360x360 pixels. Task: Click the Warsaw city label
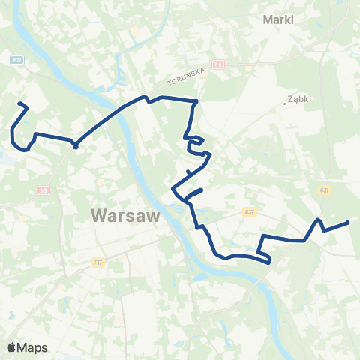tap(126, 215)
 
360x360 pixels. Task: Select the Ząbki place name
tap(300, 99)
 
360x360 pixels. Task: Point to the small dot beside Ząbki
tap(286, 103)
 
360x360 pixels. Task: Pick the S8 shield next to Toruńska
tap(218, 64)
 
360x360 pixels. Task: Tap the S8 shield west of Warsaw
tap(44, 191)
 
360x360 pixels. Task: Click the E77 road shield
tap(17, 58)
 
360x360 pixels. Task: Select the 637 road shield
tap(250, 212)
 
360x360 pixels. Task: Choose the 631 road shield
tap(324, 190)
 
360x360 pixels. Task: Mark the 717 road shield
tap(97, 262)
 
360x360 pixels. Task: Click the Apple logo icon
tap(11, 347)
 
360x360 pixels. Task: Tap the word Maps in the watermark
tap(32, 347)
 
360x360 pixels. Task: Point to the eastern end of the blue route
tap(349, 222)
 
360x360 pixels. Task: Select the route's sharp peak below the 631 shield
tap(319, 220)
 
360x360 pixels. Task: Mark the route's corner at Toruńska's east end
tap(196, 100)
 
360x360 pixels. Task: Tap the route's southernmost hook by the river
tap(268, 262)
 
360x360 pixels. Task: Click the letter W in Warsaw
tap(98, 215)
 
